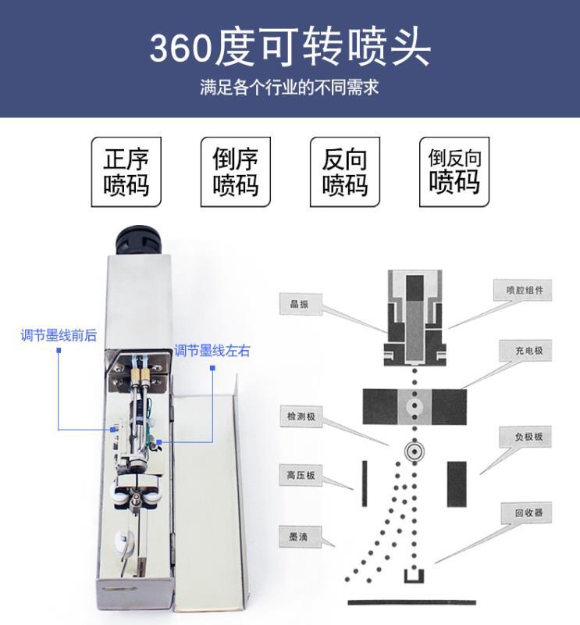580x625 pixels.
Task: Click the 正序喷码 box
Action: (x=126, y=172)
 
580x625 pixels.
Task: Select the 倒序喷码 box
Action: (x=236, y=172)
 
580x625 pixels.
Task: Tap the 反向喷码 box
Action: (x=345, y=172)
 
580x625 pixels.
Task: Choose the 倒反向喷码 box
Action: (x=454, y=172)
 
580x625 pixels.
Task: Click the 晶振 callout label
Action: (x=301, y=304)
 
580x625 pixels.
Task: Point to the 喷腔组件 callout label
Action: (x=523, y=290)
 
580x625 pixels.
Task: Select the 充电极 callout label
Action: (x=525, y=351)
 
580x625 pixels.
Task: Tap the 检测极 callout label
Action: (x=301, y=416)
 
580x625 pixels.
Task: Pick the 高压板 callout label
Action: (x=301, y=475)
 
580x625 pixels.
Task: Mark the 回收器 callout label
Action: (x=526, y=512)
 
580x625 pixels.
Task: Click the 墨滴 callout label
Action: (x=300, y=537)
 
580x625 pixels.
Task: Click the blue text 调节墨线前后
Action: (x=59, y=335)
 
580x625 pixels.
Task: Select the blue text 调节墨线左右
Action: (x=212, y=351)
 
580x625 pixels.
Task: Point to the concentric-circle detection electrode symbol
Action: (x=415, y=452)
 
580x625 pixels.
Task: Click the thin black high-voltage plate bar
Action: (x=365, y=484)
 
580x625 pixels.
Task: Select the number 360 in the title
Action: (x=180, y=48)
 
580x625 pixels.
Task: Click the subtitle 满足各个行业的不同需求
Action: (x=290, y=87)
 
